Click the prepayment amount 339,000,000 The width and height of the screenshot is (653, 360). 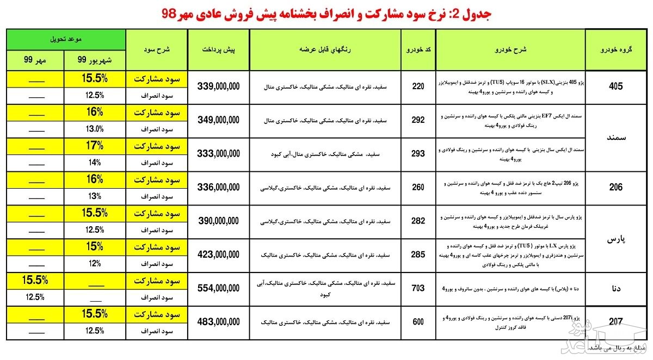(218, 86)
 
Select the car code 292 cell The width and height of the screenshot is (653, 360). (418, 120)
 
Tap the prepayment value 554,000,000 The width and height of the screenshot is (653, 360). (218, 288)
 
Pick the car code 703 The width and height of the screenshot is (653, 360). (418, 288)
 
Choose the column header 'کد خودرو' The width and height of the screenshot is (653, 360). (418, 49)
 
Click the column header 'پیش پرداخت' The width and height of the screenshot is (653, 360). (218, 49)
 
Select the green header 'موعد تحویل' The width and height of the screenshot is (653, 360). (66, 40)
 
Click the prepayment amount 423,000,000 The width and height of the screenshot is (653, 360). (218, 254)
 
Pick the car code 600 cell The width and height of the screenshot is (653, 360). (418, 322)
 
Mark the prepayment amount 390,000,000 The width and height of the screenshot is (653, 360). (218, 221)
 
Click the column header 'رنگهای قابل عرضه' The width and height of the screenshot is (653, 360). (324, 49)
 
